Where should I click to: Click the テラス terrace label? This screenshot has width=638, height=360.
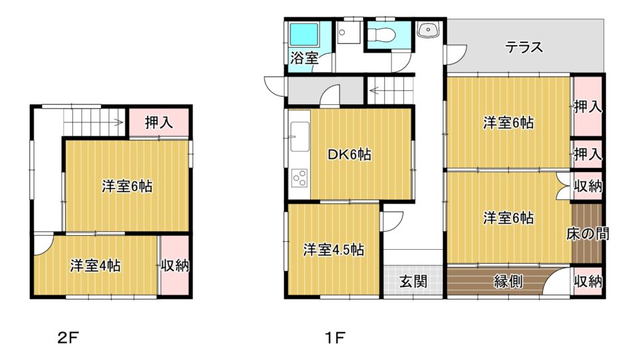(x=524, y=47)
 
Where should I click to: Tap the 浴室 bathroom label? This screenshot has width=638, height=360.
(x=304, y=58)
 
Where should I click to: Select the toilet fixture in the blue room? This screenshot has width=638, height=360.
(x=381, y=34)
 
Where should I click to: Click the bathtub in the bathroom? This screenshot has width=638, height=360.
(x=303, y=35)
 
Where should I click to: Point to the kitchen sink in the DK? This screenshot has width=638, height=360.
(x=300, y=137)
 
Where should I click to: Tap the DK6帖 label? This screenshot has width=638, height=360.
(x=350, y=155)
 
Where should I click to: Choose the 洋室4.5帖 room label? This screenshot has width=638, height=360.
(x=333, y=250)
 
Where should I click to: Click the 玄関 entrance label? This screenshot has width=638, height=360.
(x=413, y=281)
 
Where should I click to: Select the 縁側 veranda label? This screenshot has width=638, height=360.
(x=508, y=281)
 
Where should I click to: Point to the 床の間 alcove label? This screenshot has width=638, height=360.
(x=587, y=234)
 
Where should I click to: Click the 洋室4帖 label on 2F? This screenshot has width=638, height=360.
(x=95, y=266)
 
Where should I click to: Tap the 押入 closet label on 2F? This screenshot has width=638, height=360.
(x=159, y=122)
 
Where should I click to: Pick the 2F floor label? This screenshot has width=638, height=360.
(x=68, y=337)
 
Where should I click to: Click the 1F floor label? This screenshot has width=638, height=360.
(x=335, y=337)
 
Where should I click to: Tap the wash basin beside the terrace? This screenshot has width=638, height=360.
(x=427, y=30)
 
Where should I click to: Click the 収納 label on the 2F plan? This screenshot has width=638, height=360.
(x=175, y=266)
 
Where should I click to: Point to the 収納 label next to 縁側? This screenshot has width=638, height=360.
(x=588, y=281)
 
